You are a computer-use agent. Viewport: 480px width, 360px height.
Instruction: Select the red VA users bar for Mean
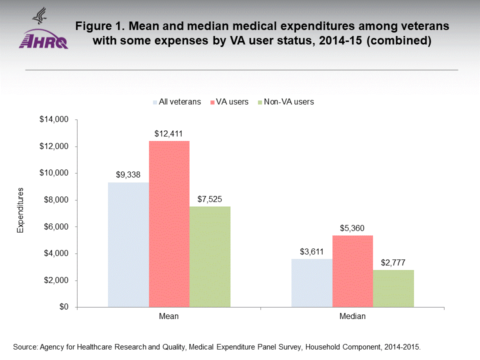169,224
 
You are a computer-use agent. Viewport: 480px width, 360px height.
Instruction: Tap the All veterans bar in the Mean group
128,244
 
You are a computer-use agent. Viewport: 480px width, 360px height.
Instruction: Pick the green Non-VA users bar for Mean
210,256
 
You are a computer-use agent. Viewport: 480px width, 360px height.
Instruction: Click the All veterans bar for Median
311,283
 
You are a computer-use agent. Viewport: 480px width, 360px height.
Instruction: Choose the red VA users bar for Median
352,271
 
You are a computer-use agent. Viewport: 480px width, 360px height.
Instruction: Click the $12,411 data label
169,134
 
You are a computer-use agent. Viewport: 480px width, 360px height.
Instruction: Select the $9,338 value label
128,175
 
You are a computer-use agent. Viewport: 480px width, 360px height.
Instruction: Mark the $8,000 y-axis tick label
55,200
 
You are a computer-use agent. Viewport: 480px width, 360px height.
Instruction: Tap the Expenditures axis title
20,210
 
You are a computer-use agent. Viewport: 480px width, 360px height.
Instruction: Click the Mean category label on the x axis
169,316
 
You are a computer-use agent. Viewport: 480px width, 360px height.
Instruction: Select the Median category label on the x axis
352,316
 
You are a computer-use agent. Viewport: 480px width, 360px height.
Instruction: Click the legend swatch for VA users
212,102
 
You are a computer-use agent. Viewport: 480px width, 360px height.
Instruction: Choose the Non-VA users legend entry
287,102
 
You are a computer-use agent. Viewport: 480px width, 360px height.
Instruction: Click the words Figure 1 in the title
98,26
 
